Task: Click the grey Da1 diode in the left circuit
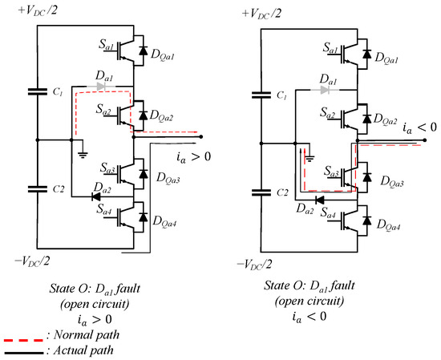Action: pyautogui.click(x=101, y=87)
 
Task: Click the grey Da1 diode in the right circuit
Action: pyautogui.click(x=325, y=91)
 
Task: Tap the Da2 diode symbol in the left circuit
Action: pyautogui.click(x=96, y=196)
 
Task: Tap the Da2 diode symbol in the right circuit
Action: pyautogui.click(x=319, y=200)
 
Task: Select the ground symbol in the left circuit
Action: pyautogui.click(x=83, y=155)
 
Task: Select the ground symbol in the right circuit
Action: pyautogui.click(x=310, y=159)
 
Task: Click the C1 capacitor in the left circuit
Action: pyautogui.click(x=38, y=91)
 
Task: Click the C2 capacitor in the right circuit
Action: pyautogui.click(x=261, y=192)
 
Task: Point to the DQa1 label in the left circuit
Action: pyautogui.click(x=163, y=55)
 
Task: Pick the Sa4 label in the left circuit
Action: pyautogui.click(x=104, y=209)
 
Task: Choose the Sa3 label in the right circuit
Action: pyautogui.click(x=332, y=172)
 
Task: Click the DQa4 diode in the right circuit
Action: pyautogui.click(x=366, y=220)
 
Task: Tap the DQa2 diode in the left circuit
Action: pyautogui.click(x=144, y=115)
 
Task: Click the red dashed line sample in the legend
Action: pyautogui.click(x=23, y=340)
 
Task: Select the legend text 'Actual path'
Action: pyautogui.click(x=83, y=350)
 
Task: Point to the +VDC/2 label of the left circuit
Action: pyautogui.click(x=38, y=10)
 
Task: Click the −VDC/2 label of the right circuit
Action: pyautogui.click(x=255, y=265)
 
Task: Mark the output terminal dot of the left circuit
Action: pyautogui.click(x=200, y=136)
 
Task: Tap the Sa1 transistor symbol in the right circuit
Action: pyautogui.click(x=350, y=55)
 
